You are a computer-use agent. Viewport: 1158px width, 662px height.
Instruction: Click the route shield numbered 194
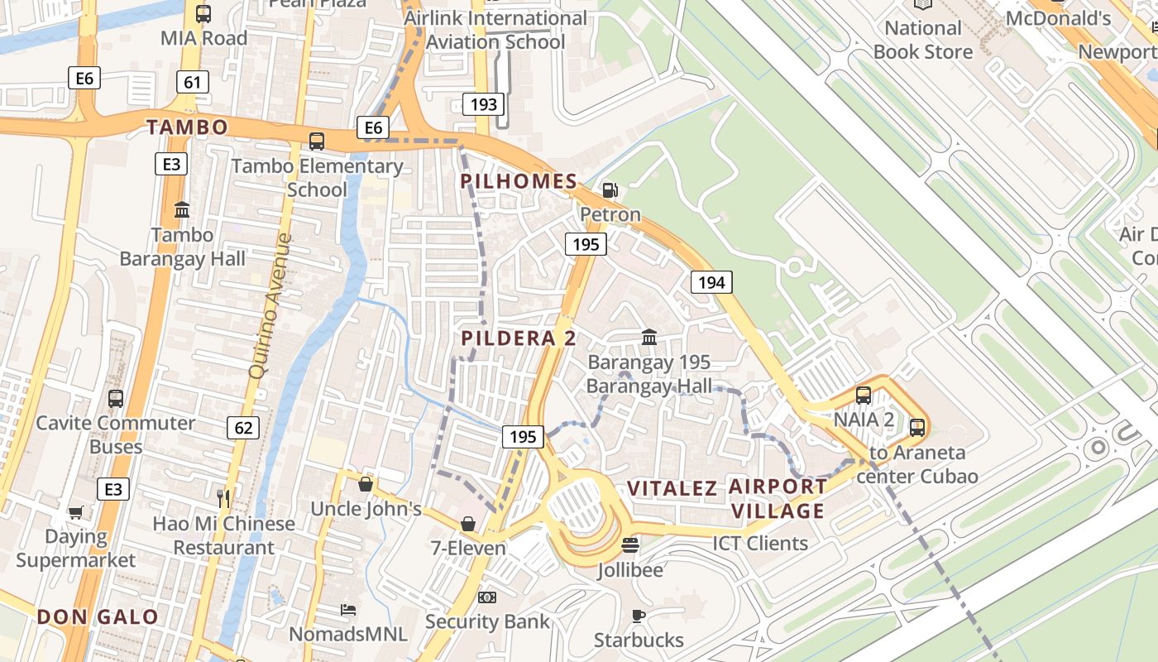pyautogui.click(x=711, y=283)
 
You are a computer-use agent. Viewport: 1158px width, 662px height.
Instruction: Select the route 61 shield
pyautogui.click(x=192, y=82)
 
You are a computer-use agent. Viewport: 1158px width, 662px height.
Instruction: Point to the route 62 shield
pyautogui.click(x=243, y=428)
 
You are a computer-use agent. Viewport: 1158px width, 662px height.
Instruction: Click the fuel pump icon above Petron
pyautogui.click(x=610, y=190)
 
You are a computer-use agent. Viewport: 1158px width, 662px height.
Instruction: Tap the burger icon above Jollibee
pyautogui.click(x=629, y=545)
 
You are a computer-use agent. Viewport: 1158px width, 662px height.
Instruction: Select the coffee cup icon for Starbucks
pyautogui.click(x=638, y=616)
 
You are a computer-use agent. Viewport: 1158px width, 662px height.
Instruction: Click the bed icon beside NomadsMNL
pyautogui.click(x=348, y=610)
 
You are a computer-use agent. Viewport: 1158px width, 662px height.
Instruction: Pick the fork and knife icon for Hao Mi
pyautogui.click(x=223, y=498)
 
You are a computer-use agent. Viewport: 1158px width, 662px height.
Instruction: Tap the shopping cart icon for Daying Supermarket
pyautogui.click(x=75, y=512)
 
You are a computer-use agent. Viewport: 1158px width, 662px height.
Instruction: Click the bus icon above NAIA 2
pyautogui.click(x=864, y=395)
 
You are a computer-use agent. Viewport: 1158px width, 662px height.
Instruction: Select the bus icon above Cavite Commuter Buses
pyautogui.click(x=116, y=398)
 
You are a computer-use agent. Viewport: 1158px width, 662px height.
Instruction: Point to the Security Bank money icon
pyautogui.click(x=487, y=597)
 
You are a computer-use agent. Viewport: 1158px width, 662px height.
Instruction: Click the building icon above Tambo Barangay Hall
pyautogui.click(x=182, y=210)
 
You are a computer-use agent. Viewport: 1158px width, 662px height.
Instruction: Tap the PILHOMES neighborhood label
pyautogui.click(x=519, y=181)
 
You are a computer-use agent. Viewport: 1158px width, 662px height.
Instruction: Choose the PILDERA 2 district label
pyautogui.click(x=519, y=338)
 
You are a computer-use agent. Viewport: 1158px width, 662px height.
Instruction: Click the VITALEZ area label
pyautogui.click(x=672, y=488)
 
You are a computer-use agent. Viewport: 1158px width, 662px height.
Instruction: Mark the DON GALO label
pyautogui.click(x=98, y=616)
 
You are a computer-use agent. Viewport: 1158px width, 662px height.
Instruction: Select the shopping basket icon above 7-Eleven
pyautogui.click(x=468, y=524)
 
